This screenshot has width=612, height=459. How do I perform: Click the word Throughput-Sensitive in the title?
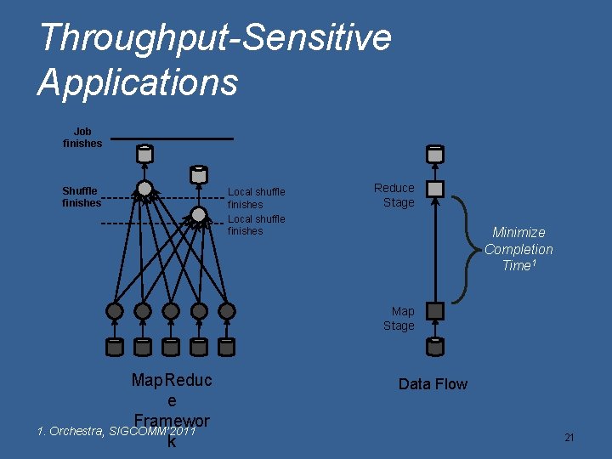point(215,38)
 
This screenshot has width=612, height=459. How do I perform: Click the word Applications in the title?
point(138,82)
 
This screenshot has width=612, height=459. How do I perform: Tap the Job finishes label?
point(82,138)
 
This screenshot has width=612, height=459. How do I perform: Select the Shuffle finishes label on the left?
point(81,197)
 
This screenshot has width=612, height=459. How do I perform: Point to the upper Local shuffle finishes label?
point(256,198)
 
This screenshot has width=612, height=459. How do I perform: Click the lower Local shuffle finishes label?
point(256,225)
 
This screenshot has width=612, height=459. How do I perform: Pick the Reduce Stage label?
point(394,195)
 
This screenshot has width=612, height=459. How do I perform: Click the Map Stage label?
point(399,319)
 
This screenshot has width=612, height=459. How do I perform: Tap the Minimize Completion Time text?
point(518,249)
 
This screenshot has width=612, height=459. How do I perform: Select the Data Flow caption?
point(433,384)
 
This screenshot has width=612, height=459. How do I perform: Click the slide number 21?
point(569,438)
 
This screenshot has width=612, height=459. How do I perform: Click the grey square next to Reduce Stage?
point(435,189)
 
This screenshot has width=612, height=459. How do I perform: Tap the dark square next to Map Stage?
point(435,311)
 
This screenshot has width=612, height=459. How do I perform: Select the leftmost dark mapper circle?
point(115,312)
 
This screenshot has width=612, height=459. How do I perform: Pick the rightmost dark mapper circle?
point(227,312)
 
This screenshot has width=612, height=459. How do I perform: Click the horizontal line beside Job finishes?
point(172,139)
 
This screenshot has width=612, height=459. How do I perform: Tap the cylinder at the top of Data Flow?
point(435,155)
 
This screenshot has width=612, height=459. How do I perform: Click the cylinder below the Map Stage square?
point(435,346)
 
